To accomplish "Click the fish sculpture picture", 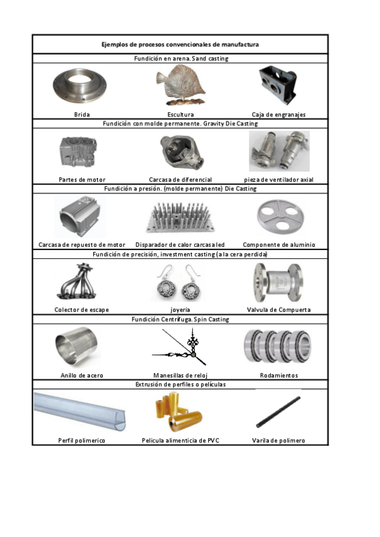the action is point(180,85).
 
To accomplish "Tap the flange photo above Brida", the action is point(79,86).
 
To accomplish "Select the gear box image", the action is point(277,85).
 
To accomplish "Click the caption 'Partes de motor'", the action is point(82,179).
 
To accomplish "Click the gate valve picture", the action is point(278,282).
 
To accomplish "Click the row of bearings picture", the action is point(278,346).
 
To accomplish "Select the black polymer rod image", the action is point(278,412).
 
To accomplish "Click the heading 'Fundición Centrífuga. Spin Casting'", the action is point(180,320).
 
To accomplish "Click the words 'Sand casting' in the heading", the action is point(210,58).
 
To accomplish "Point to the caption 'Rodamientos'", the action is point(279,376).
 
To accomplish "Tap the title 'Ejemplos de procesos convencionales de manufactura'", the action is point(180,44).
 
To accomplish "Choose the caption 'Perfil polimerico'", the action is point(82,440).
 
